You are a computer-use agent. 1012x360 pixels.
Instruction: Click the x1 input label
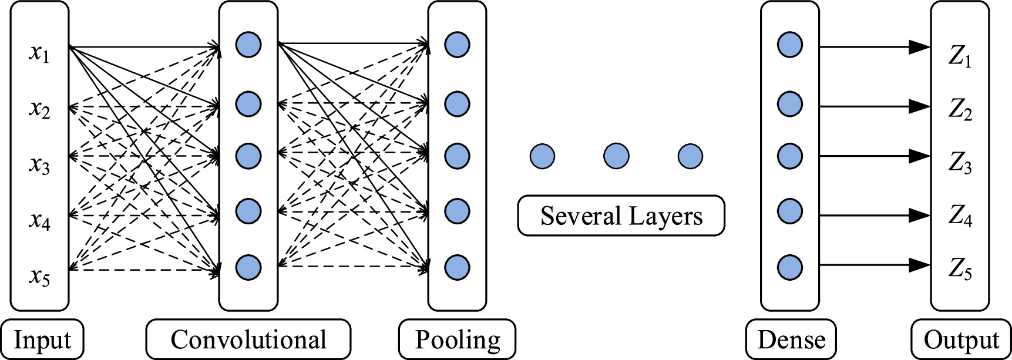click(x=39, y=53)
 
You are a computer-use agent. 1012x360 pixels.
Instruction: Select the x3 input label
click(x=39, y=165)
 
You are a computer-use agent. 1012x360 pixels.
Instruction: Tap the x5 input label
click(x=39, y=275)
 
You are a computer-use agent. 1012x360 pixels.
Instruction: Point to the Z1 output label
click(x=960, y=57)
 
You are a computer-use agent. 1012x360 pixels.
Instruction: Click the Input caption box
click(x=42, y=339)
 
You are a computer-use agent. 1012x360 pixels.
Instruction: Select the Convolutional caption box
click(x=248, y=339)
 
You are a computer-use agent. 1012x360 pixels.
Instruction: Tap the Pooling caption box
click(x=457, y=339)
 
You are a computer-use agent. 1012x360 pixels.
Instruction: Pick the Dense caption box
click(x=791, y=339)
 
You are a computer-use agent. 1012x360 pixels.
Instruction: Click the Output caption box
click(x=961, y=339)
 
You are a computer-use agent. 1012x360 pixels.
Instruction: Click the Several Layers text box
click(x=621, y=216)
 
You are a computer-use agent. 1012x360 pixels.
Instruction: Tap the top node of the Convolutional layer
click(x=248, y=45)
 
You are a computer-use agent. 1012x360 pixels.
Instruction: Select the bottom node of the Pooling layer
click(x=457, y=267)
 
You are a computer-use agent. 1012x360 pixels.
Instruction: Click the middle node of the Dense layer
click(x=790, y=156)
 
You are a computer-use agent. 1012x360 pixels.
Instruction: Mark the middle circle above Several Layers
click(x=616, y=156)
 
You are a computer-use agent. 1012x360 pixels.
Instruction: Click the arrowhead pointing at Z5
click(x=919, y=265)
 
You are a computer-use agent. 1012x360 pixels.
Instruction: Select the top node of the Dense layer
click(x=790, y=45)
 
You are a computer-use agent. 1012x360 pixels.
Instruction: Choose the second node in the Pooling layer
click(x=457, y=104)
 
